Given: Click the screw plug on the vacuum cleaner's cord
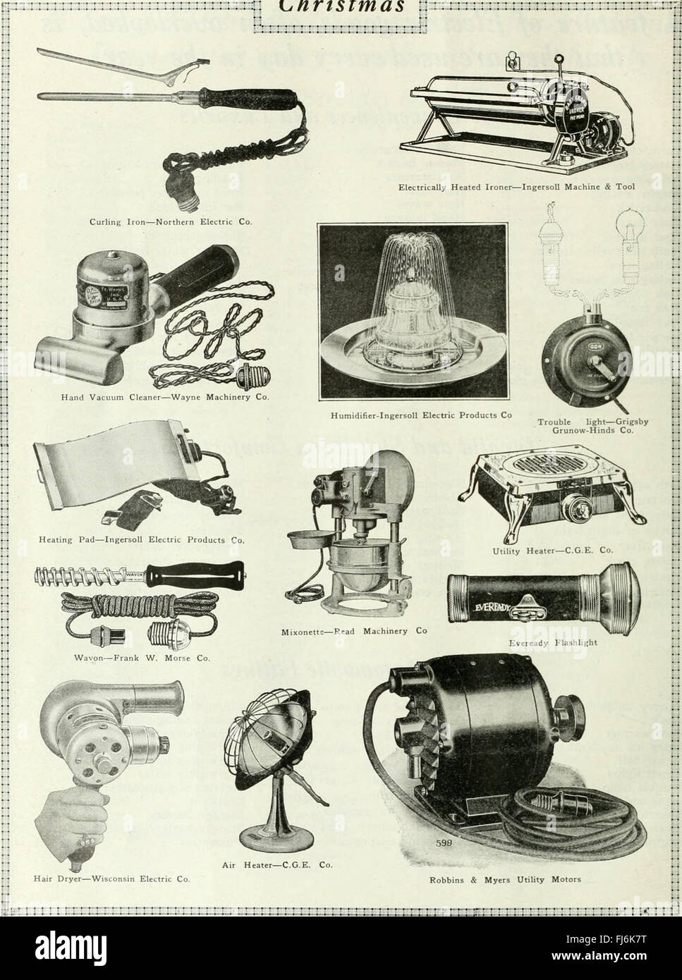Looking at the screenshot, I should pos(247,374).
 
